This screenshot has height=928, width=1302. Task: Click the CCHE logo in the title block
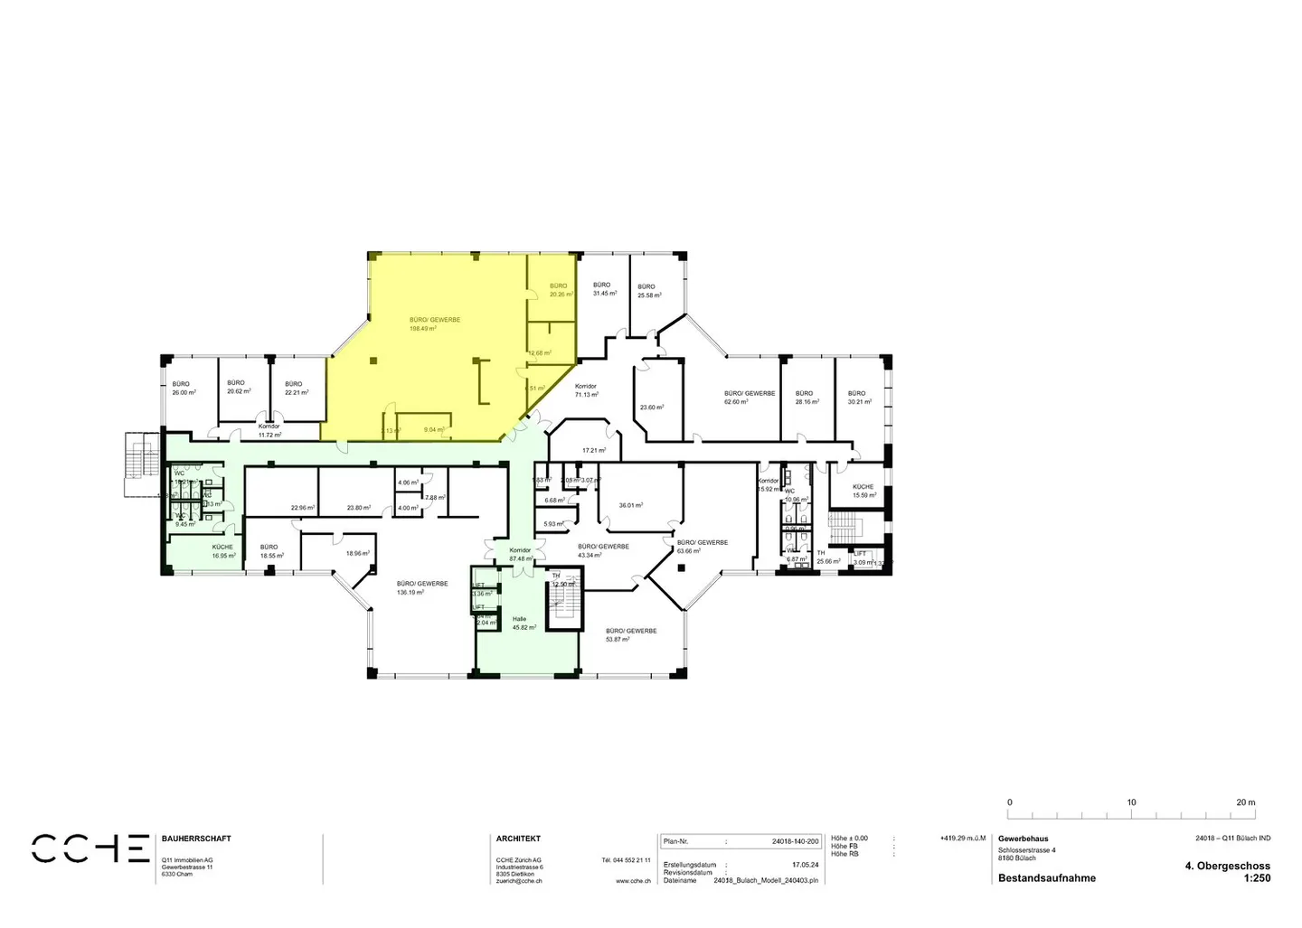pos(90,848)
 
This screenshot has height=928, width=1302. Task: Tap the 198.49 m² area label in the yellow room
pos(422,329)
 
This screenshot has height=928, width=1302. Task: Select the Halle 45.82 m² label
pos(524,623)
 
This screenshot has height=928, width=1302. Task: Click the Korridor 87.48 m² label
pos(520,555)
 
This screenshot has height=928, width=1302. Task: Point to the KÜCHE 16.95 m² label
pos(223,551)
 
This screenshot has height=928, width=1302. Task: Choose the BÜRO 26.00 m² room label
pos(184,389)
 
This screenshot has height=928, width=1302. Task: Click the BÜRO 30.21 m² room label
pos(859,398)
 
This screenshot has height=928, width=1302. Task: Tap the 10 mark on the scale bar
pos(1131,802)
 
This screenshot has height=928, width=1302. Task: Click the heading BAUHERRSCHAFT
pos(196,839)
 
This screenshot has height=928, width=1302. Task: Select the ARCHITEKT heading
pos(518,839)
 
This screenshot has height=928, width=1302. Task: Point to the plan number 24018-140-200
pos(795,841)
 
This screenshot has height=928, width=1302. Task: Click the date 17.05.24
pos(805,865)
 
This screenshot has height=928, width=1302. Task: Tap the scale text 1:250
pos(1257,878)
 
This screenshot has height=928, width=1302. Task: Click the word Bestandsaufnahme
pos(1046,878)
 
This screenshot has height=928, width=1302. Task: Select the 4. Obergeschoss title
pos(1227,866)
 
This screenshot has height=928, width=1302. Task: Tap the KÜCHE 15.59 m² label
pos(863,491)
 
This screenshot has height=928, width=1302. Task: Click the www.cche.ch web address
pos(633,880)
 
